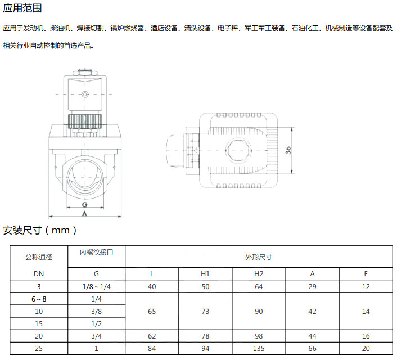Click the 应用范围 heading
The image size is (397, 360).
tap(22, 8)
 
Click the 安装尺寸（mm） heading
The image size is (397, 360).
tap(40, 230)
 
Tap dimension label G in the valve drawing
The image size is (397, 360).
tap(84, 204)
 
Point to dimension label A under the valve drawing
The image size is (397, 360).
tap(84, 214)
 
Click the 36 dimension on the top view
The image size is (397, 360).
tap(288, 150)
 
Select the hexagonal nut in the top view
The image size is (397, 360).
tap(238, 150)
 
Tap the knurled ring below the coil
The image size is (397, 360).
tap(85, 121)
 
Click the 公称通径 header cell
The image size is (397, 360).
tap(39, 257)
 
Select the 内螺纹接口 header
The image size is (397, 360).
tap(97, 252)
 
